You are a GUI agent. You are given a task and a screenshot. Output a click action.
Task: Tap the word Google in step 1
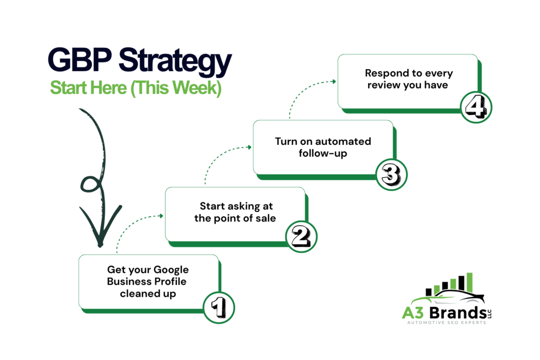point(173,270)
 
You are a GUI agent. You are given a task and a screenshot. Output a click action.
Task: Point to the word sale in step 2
point(265,218)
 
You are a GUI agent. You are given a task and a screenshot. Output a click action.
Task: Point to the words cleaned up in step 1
point(148,293)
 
